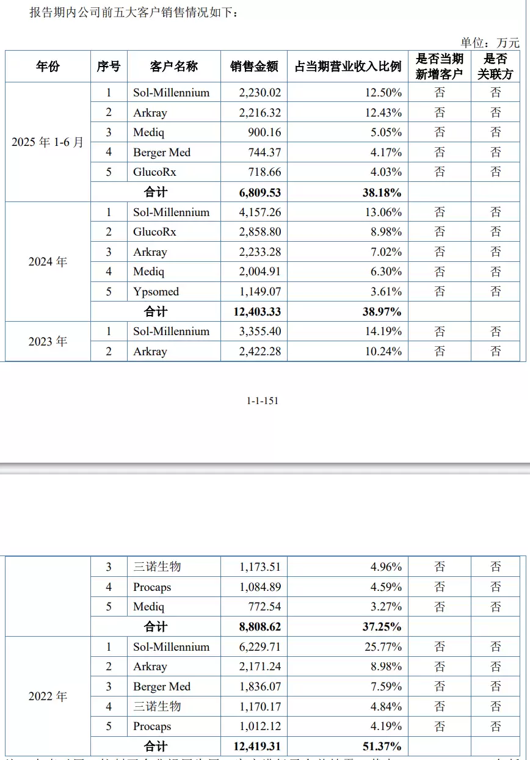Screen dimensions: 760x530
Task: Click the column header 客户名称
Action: [173, 67]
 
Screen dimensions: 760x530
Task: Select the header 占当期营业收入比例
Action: [347, 67]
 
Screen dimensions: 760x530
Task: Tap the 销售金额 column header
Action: [254, 67]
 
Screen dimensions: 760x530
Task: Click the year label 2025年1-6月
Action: [48, 142]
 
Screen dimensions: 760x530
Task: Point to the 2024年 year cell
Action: [48, 262]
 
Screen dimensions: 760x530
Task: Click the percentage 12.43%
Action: [384, 113]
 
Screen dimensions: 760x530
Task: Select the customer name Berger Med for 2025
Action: [162, 153]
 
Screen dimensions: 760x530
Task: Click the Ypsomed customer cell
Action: [156, 292]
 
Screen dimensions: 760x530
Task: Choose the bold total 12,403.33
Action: [256, 312]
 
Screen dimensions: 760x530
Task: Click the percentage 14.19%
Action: [384, 331]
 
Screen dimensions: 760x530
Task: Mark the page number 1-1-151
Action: [263, 401]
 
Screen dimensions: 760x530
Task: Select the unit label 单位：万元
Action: [490, 43]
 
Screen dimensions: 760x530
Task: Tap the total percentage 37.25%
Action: [382, 627]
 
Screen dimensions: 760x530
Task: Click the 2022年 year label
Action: [48, 697]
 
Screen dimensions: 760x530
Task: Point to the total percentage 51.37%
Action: [382, 747]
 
